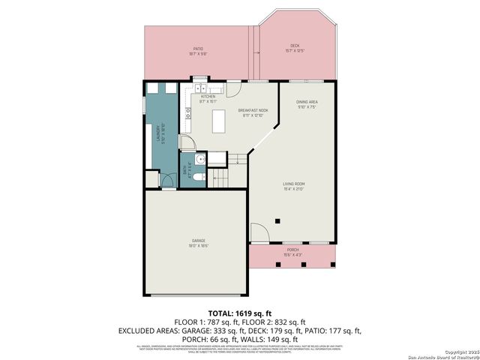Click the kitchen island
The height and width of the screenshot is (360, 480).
[219, 121]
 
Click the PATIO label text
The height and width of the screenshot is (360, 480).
[199, 51]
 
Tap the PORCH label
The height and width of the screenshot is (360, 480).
[292, 250]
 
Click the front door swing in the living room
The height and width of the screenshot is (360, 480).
[257, 233]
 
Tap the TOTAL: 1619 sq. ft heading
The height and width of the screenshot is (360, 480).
[239, 312]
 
